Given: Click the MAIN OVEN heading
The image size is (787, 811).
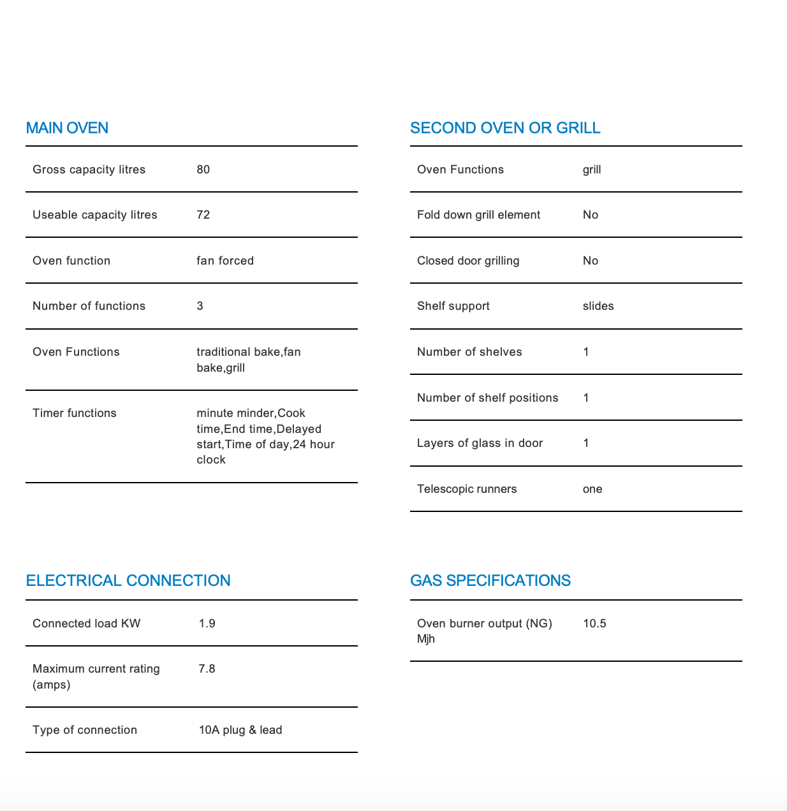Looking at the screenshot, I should point(67,128).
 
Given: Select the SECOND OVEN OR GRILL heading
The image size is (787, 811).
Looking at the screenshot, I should point(505,128).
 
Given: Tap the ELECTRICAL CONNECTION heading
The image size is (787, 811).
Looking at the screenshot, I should point(128,581).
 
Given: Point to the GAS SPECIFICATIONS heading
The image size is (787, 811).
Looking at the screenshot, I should point(490,581).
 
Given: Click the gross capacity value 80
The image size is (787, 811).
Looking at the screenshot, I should point(203,170).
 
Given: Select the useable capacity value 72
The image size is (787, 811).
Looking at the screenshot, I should point(203,215).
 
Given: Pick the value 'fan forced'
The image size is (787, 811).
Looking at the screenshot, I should point(225,261).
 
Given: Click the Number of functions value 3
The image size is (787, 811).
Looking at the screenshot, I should point(200,306).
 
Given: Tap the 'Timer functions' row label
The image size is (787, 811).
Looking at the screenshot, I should point(75,413).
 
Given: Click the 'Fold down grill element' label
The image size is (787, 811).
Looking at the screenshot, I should point(478,215).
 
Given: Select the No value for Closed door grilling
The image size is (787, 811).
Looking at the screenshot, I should point(591,261).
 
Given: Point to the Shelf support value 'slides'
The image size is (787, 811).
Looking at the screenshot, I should point(598,306).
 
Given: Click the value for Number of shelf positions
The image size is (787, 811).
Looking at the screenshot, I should point(586,398).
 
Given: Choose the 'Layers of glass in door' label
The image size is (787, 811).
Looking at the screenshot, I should point(480,443).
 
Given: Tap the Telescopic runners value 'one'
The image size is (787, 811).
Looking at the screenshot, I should point(592,489).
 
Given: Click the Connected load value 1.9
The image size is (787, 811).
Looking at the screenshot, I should point(207,624).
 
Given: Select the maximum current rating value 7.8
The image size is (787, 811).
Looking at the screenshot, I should point(207,669).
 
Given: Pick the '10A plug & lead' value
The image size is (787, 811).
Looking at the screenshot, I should point(240,730).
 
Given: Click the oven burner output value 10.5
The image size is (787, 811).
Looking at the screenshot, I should point(594,624).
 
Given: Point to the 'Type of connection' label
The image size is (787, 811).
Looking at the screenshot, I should point(85,730).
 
